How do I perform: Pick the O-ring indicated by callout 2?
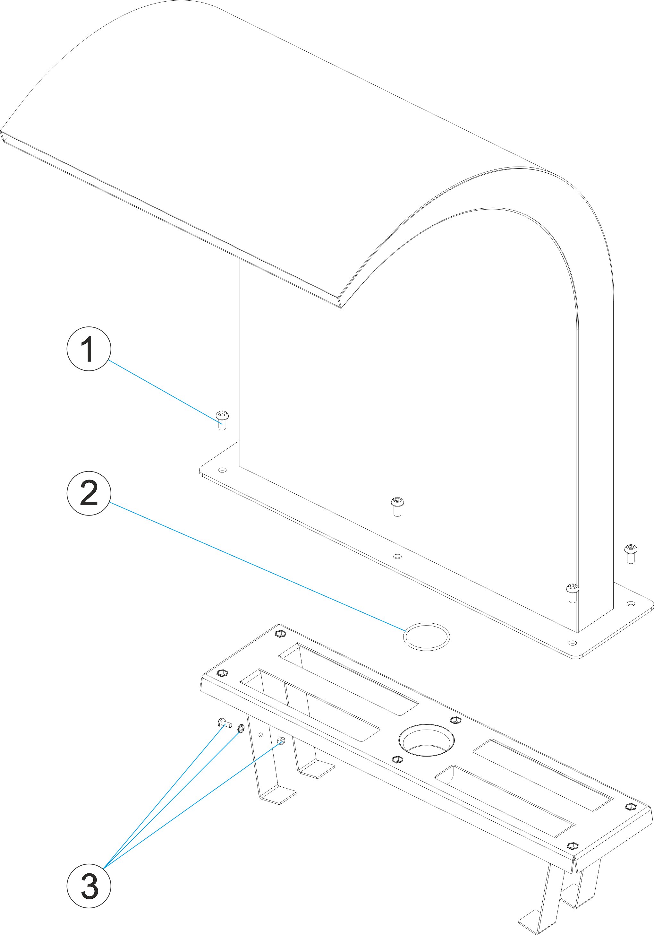426,636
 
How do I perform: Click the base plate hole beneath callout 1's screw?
222,470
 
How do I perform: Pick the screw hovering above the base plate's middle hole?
397,506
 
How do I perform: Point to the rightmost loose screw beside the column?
630,553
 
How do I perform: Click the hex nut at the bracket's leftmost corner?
223,672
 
